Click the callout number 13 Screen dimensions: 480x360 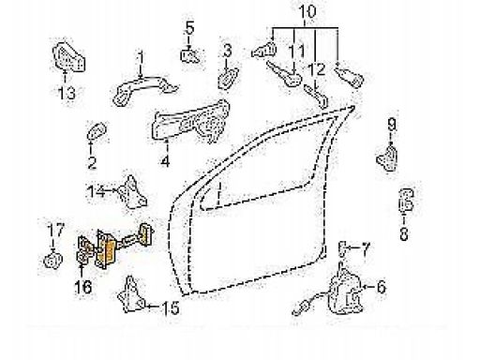(67, 93)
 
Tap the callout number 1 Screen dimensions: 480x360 (141, 59)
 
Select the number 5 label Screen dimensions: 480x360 (189, 27)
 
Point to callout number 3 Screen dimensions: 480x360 (227, 51)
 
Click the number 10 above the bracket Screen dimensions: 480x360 (307, 11)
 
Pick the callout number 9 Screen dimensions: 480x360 (392, 125)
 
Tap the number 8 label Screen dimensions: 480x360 (404, 233)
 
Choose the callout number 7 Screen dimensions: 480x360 (365, 248)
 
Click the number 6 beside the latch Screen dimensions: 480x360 (381, 287)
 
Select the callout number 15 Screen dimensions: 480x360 (171, 308)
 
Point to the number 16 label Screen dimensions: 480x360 (83, 287)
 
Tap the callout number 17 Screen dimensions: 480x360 (55, 230)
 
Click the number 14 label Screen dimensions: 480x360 (97, 191)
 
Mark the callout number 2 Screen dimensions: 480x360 (92, 162)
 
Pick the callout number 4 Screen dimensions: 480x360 (165, 161)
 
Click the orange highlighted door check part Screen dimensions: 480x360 (107, 251)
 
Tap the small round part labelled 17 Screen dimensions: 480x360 (52, 260)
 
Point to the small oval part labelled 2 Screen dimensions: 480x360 (97, 131)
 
